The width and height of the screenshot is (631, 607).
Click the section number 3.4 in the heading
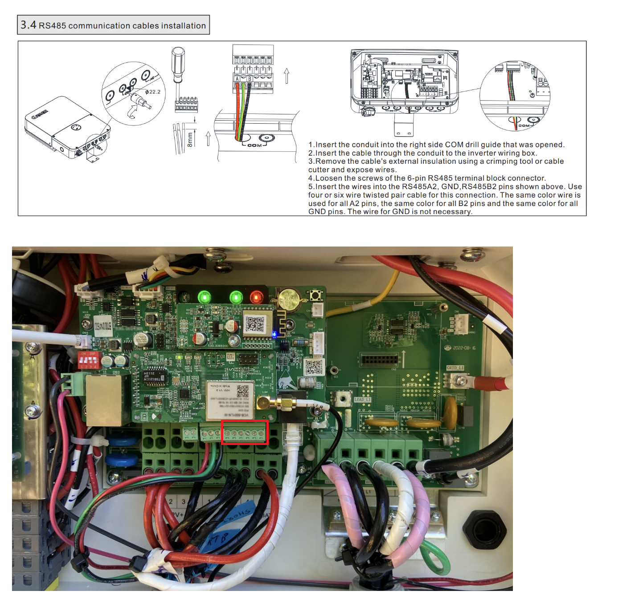coord(28,25)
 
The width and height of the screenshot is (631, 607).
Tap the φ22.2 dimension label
coord(153,92)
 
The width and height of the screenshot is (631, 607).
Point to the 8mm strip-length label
coord(190,139)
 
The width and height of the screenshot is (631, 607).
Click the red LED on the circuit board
coord(256,297)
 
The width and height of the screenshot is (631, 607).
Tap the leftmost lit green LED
coord(204,297)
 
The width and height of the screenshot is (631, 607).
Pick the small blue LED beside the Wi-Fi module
coord(275,334)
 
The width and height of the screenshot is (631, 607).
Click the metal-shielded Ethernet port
coord(104,400)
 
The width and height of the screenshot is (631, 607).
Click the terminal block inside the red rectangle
coord(245,433)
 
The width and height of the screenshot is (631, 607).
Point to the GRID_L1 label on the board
coord(455,368)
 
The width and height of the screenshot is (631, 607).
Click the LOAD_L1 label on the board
coord(362,399)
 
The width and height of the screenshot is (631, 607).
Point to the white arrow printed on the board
coord(404,358)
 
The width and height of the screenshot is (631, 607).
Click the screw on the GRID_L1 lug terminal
coord(460,381)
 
